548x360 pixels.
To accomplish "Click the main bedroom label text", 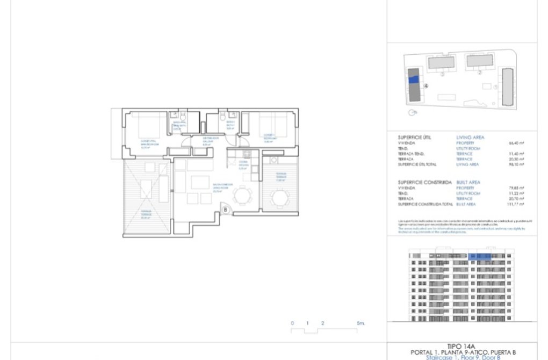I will tap(148, 143).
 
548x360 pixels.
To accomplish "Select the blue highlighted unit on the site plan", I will tap(414, 79).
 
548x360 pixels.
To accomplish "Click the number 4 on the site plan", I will tap(426, 85).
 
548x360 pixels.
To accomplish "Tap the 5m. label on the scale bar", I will tap(360, 323).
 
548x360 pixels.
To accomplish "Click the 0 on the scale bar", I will tap(292, 323).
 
